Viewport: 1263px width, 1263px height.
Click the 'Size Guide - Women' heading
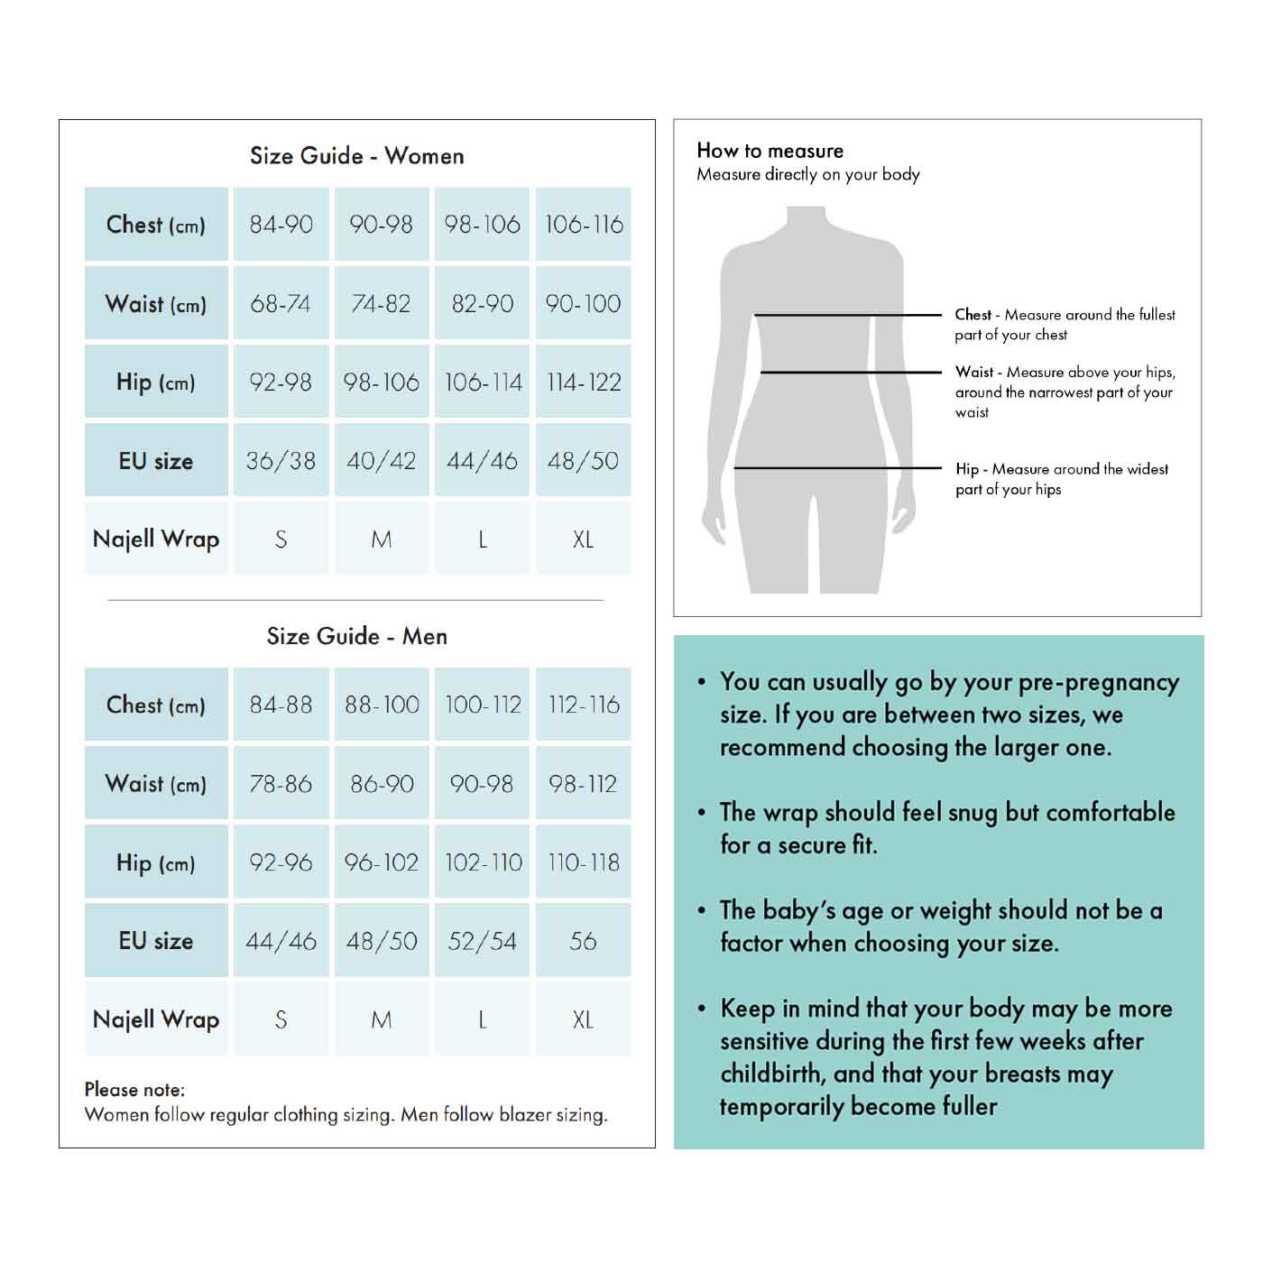tap(356, 156)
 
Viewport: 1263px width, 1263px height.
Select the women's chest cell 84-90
tap(281, 225)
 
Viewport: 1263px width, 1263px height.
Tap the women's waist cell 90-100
tap(583, 303)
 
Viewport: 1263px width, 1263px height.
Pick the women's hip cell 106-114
tap(483, 383)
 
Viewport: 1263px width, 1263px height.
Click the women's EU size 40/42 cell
tap(382, 461)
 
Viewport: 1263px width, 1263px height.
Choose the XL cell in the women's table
tap(583, 539)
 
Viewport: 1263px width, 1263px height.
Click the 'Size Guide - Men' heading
tap(356, 636)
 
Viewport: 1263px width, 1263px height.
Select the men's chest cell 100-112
tap(483, 705)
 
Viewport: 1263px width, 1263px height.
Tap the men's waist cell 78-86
tap(281, 784)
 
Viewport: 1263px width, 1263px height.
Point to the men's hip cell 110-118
tap(583, 862)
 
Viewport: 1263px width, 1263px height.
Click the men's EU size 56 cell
tap(583, 941)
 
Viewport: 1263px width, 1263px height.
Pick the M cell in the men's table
tap(382, 1019)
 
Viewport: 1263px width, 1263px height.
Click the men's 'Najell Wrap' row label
tap(156, 1019)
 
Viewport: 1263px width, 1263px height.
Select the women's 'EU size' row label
tap(156, 461)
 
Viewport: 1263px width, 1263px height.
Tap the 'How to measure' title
tap(770, 151)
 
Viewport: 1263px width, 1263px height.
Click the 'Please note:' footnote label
tap(134, 1090)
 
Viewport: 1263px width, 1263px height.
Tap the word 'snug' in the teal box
tap(967, 813)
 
